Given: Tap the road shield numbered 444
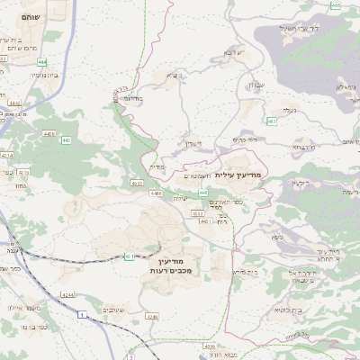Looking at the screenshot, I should coord(43,62).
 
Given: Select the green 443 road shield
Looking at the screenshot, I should coord(67,140).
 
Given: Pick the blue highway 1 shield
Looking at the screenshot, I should coord(84,316).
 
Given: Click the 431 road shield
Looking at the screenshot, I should coord(130,256).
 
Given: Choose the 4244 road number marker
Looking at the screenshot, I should coord(67,293).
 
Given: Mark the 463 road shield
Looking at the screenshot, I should coord(271,121).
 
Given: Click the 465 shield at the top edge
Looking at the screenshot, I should coord(335,4).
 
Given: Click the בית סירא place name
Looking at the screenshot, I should coord(246,271).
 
